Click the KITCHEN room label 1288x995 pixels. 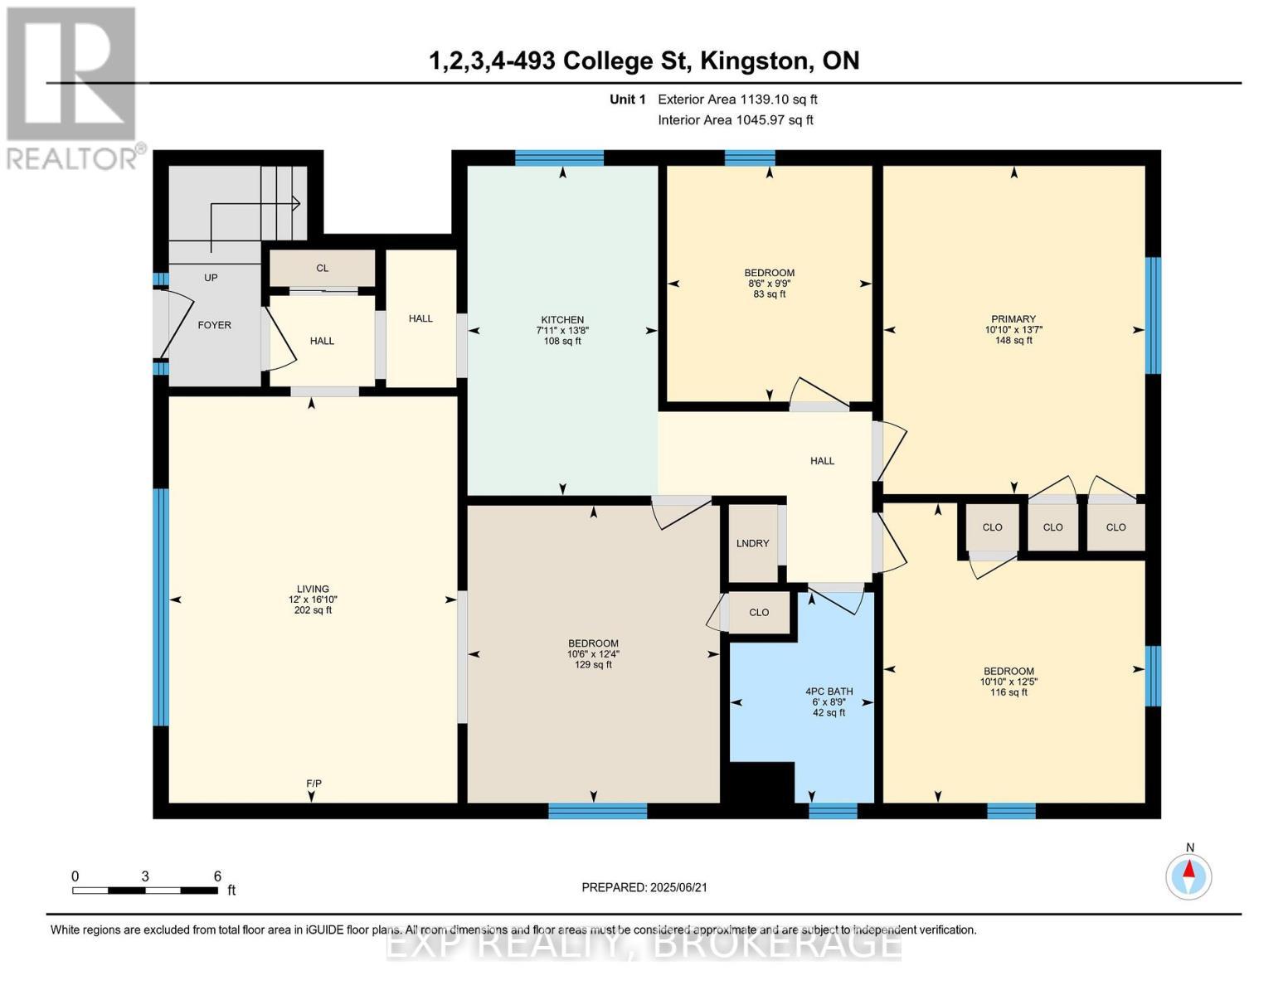point(562,319)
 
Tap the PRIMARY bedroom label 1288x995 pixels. point(1013,319)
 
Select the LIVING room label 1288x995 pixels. point(313,589)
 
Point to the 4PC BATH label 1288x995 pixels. point(829,691)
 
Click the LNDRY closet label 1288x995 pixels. point(753,543)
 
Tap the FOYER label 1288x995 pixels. point(215,325)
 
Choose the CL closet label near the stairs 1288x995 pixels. point(322,268)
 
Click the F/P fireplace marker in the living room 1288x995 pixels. point(313,784)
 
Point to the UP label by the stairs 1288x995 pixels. point(211,277)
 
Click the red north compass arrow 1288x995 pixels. point(1189,869)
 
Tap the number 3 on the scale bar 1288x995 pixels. point(144,876)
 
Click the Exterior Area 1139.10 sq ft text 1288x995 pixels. point(737,99)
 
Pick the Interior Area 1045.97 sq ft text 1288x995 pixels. point(736,120)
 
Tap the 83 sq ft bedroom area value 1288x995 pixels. point(770,294)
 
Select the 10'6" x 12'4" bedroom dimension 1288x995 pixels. point(593,653)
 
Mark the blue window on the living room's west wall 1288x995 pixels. point(161,607)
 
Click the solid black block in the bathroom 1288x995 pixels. point(761,782)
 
